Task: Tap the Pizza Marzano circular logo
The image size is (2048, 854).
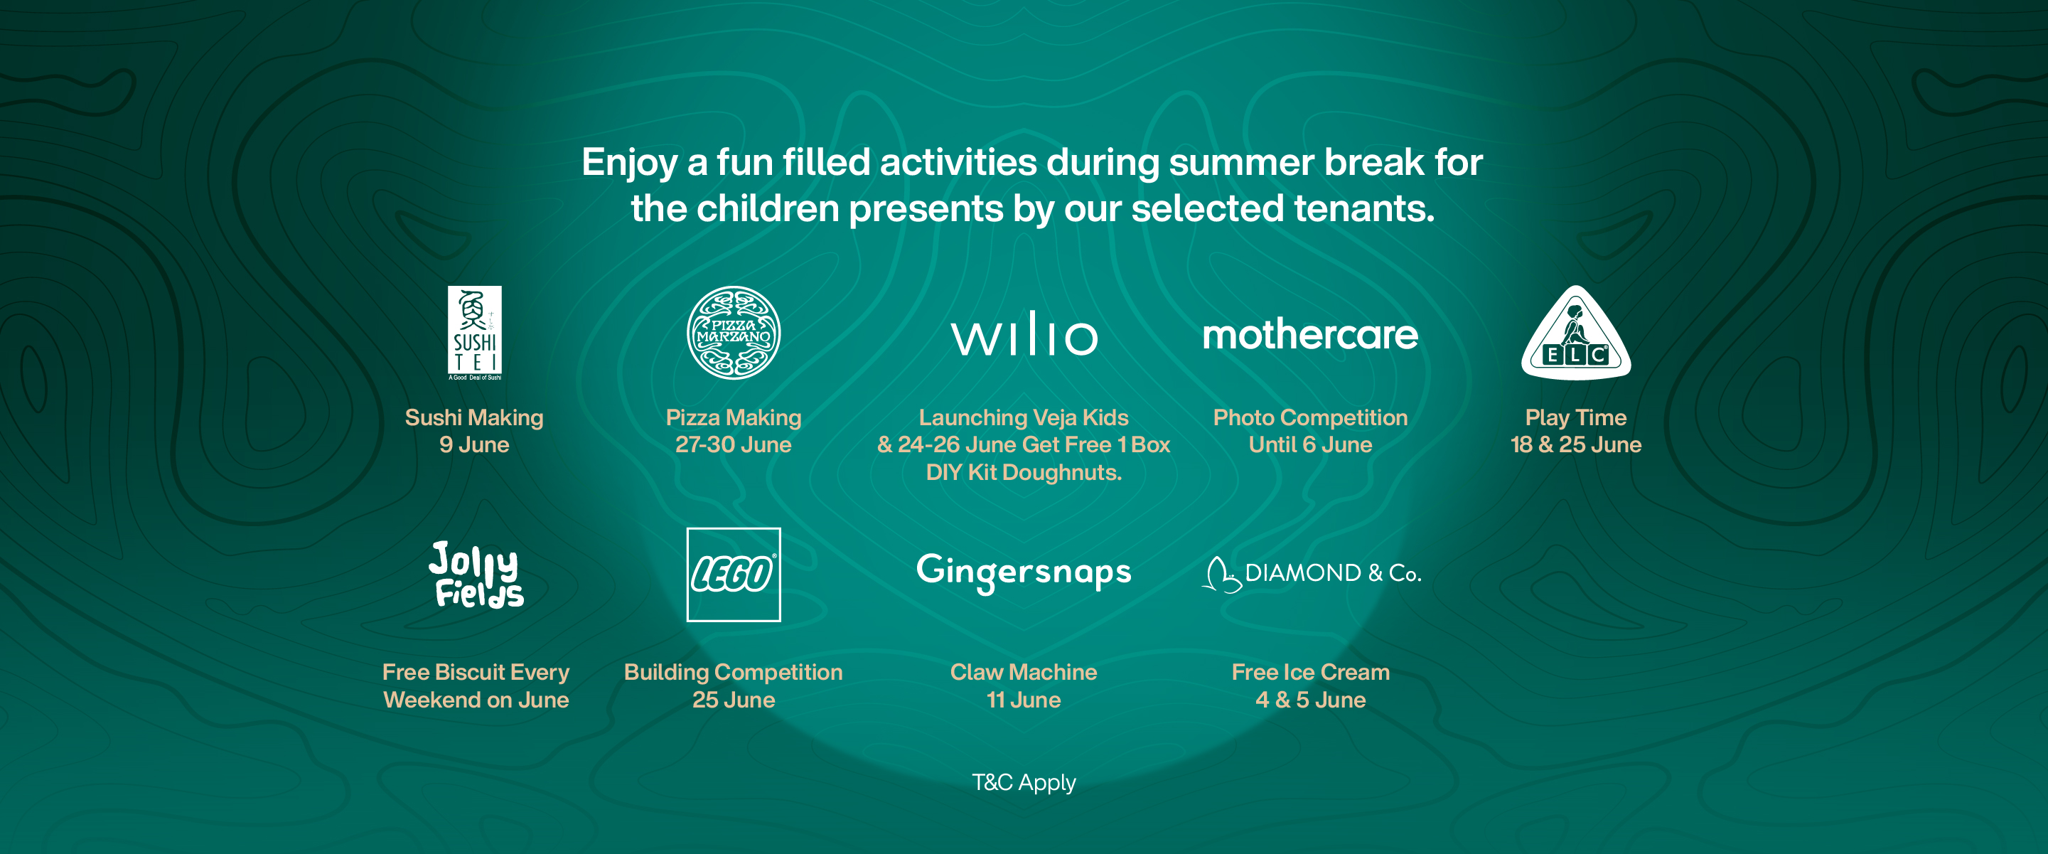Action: [733, 332]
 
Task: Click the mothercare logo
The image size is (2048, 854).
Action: [1310, 335]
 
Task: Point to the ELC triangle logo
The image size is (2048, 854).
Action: [1576, 333]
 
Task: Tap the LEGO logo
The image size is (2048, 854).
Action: [733, 574]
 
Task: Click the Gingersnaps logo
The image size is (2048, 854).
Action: [1024, 572]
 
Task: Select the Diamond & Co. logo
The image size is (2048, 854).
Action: [1311, 574]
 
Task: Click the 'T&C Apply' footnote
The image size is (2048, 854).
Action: [1024, 782]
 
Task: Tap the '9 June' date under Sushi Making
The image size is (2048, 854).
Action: [475, 444]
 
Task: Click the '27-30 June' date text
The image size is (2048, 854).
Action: [733, 444]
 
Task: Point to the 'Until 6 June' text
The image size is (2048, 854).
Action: [1310, 444]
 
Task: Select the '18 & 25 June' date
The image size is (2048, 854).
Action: [1576, 444]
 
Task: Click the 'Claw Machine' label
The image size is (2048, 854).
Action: [1024, 672]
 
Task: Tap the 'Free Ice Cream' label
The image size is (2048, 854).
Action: [1311, 672]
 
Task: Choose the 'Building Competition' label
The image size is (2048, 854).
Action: [733, 673]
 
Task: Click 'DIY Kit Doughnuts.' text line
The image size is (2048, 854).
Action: [1024, 472]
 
